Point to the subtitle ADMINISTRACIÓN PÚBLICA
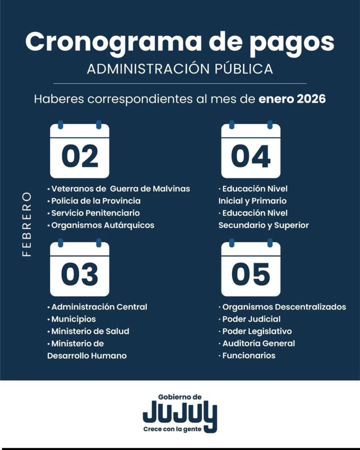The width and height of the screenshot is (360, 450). coord(180,69)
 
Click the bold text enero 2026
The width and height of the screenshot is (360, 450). coord(292,99)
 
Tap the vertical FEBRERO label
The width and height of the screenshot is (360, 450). coord(27,224)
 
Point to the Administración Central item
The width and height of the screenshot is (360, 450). coord(99,307)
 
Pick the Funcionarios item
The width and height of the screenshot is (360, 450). coord(249,356)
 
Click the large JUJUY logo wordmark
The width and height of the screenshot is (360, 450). coord(179,413)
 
